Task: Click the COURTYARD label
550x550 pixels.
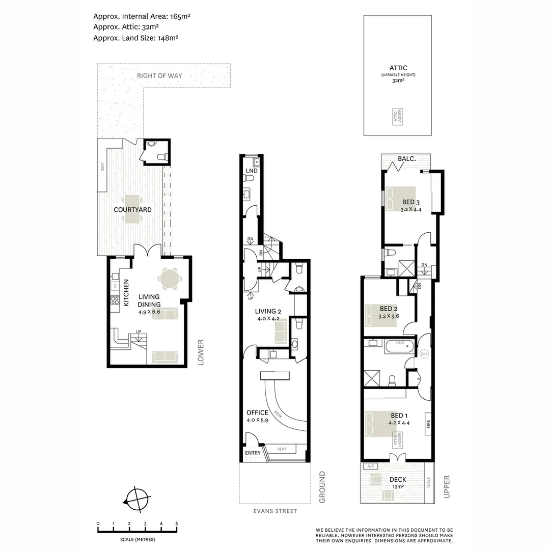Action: tap(132, 209)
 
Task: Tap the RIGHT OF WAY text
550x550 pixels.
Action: tap(159, 76)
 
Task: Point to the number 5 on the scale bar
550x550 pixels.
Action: tap(177, 524)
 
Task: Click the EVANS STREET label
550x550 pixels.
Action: tap(275, 511)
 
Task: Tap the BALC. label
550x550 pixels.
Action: tap(407, 159)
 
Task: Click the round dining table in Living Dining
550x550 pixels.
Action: tap(169, 278)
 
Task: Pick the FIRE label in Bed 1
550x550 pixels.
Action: tap(428, 423)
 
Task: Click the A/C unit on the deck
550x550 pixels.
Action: tap(368, 466)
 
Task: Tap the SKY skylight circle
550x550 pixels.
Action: tap(424, 353)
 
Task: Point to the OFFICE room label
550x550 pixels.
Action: tap(257, 413)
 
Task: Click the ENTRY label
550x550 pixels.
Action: tap(253, 453)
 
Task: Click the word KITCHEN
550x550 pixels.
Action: tap(126, 293)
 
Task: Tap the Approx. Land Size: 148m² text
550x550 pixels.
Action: tap(135, 37)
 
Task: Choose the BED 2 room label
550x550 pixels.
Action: tap(389, 309)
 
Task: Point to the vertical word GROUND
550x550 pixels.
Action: tap(322, 487)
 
